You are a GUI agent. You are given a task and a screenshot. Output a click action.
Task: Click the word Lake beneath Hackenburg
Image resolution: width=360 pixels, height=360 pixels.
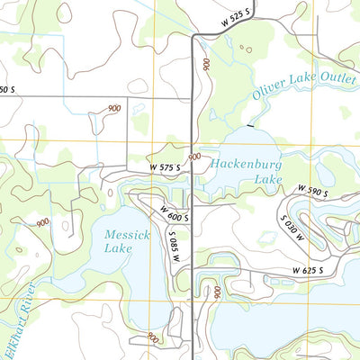(x=242, y=180)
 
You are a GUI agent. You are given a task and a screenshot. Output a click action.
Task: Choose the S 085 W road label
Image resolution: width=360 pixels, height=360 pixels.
(x=176, y=242)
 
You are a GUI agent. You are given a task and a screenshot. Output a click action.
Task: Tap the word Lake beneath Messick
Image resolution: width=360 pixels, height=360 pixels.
(x=117, y=247)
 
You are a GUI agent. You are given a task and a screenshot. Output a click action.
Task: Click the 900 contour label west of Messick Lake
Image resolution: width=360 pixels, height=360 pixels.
(x=42, y=222)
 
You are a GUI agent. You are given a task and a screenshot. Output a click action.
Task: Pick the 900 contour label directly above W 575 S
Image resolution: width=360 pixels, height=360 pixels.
(x=193, y=157)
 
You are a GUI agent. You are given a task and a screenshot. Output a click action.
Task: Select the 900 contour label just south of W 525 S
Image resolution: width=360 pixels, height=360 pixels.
(x=207, y=66)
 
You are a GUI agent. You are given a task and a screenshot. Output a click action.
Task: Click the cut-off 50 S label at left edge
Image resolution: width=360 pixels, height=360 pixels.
(x=7, y=89)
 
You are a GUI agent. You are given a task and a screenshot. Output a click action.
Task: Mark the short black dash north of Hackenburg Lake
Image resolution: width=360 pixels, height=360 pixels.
(x=250, y=125)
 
